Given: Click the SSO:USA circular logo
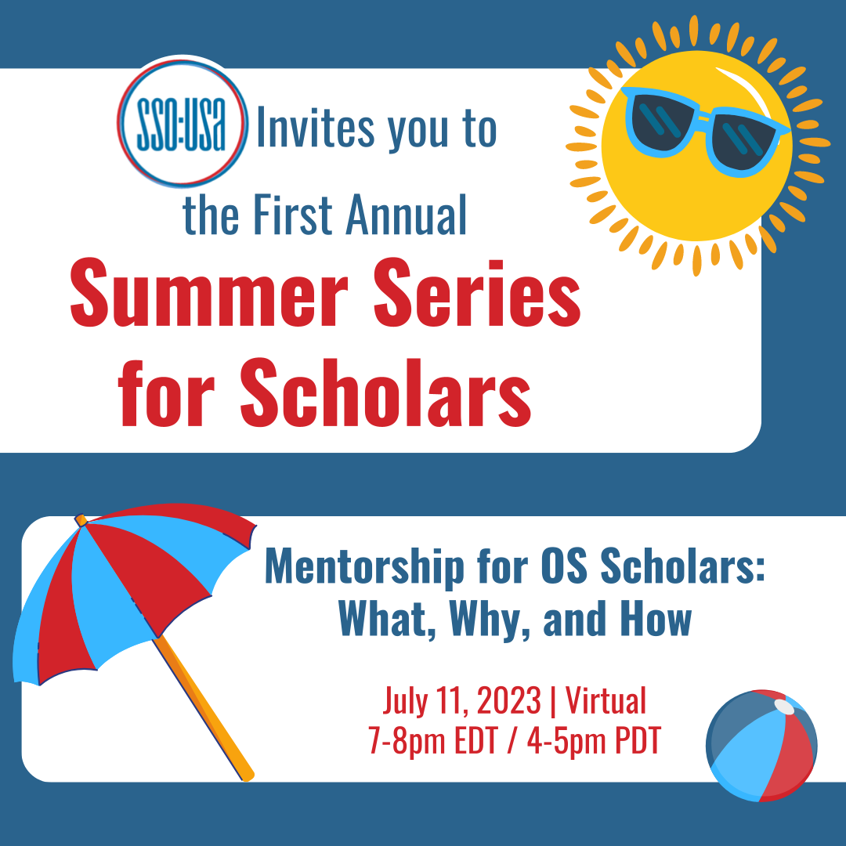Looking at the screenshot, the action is pyautogui.click(x=183, y=123).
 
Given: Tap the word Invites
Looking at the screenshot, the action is pyautogui.click(x=315, y=128).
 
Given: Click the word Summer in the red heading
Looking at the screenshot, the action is pyautogui.click(x=209, y=293).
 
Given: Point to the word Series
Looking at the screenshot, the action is pyautogui.click(x=477, y=293).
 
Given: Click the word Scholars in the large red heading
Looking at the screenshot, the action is pyautogui.click(x=385, y=392).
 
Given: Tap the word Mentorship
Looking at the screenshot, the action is pyautogui.click(x=364, y=566).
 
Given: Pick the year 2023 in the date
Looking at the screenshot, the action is pyautogui.click(x=509, y=701).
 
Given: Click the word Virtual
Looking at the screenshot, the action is pyautogui.click(x=606, y=700).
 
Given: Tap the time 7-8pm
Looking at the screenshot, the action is pyautogui.click(x=406, y=741).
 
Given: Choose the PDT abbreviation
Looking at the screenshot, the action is pyautogui.click(x=638, y=740).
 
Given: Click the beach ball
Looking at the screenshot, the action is pyautogui.click(x=761, y=746).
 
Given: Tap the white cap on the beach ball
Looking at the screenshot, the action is pyautogui.click(x=784, y=707).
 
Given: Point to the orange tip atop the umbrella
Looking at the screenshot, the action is pyautogui.click(x=81, y=520).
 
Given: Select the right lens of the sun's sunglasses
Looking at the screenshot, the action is pyautogui.click(x=744, y=141).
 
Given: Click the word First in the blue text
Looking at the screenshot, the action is pyautogui.click(x=293, y=215).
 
